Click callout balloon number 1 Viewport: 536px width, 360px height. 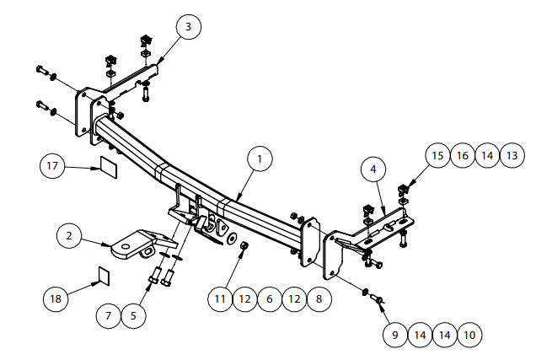click(260, 159)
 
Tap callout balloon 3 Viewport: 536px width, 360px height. click(188, 28)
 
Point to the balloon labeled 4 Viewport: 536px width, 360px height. click(373, 169)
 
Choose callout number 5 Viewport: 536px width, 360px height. click(134, 316)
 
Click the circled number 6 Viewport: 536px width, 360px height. click(270, 298)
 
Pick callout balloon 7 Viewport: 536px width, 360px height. click(109, 316)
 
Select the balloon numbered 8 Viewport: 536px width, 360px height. click(319, 298)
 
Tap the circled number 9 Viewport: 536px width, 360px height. click(394, 335)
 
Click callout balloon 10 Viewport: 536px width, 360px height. click(469, 335)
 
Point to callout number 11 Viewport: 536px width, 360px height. click(220, 298)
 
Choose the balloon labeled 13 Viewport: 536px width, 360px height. click(512, 155)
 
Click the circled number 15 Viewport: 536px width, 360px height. click(437, 155)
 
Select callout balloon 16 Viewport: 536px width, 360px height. click(461, 155)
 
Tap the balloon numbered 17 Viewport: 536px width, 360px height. click(52, 166)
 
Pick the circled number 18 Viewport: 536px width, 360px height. click(56, 298)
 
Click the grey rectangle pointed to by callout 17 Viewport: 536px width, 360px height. click(109, 164)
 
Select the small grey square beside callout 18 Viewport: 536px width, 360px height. click(102, 274)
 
